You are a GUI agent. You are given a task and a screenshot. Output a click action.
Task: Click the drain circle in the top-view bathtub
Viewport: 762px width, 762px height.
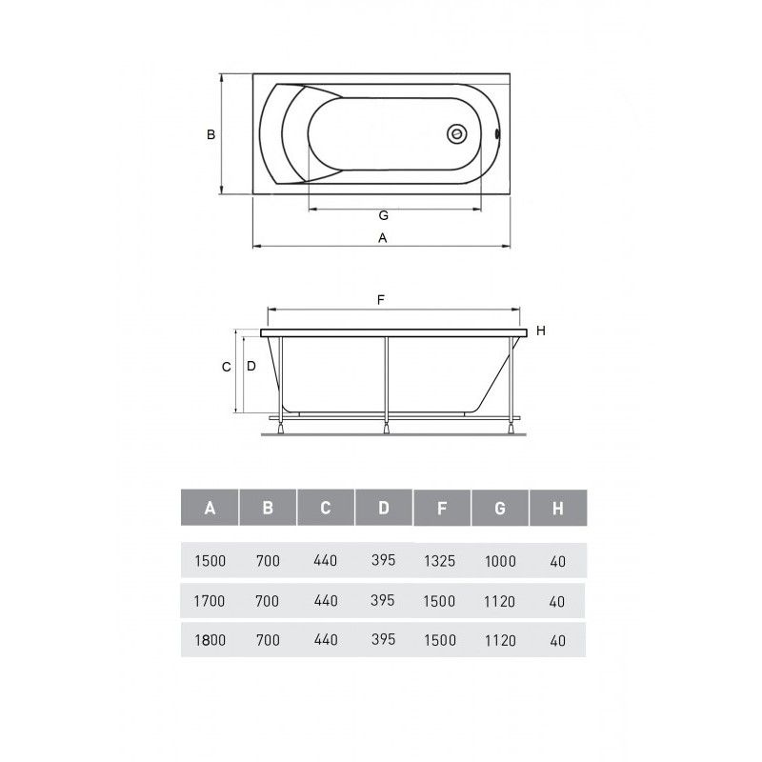tap(457, 133)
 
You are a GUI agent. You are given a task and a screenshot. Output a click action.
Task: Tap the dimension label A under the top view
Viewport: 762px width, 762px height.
tap(383, 238)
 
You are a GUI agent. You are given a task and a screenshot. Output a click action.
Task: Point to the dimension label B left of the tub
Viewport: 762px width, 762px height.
tap(211, 134)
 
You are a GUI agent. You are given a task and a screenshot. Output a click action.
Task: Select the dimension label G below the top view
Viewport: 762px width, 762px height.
tap(384, 215)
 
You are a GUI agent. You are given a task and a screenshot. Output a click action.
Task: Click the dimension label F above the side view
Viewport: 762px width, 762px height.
tap(381, 300)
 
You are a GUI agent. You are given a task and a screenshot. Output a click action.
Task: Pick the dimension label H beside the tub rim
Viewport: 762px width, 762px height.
tap(541, 331)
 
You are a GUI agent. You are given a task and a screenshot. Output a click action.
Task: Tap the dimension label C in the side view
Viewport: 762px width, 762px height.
tap(227, 367)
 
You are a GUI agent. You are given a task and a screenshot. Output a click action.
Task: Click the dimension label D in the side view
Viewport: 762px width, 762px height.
tap(251, 366)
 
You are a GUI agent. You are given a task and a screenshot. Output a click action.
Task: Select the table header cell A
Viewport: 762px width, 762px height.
tap(210, 508)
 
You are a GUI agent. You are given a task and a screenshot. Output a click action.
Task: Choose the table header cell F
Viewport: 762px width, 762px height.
tap(442, 508)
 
